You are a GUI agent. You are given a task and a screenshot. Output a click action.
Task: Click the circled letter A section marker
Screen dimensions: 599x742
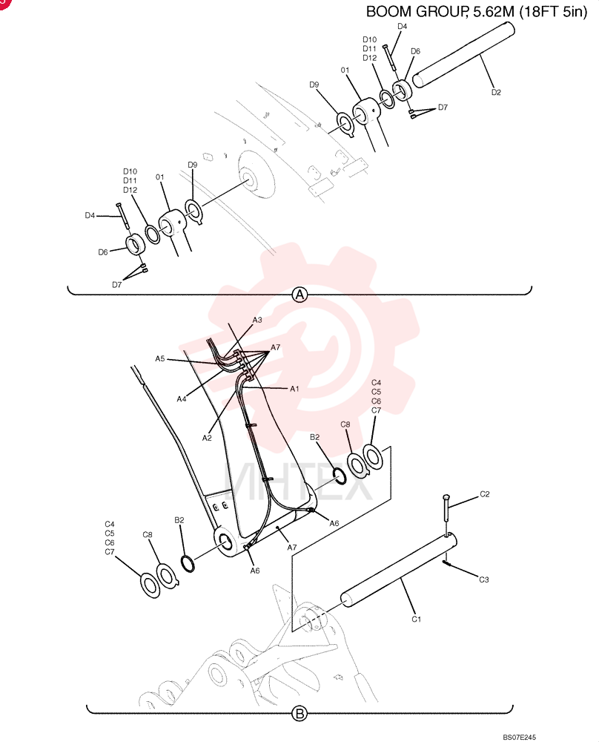[x=299, y=295]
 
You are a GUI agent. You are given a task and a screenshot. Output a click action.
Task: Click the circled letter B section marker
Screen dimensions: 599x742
[x=299, y=714]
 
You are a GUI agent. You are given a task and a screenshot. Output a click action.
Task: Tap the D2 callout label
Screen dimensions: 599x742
[x=496, y=92]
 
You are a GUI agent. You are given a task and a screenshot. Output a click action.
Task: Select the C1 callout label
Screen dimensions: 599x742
[x=416, y=619]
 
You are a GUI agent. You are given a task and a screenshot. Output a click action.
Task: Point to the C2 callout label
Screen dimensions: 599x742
[x=485, y=494]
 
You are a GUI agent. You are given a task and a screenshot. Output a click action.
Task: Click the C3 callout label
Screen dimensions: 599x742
[x=483, y=580]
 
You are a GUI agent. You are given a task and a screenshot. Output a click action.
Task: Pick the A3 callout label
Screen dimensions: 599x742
[x=257, y=320]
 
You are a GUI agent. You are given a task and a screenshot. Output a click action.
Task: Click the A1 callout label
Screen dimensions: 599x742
[x=294, y=389]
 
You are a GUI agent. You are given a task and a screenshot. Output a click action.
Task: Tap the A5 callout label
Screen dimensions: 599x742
[x=160, y=358]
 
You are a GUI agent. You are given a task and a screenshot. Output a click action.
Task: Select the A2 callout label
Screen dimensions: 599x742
[x=207, y=439]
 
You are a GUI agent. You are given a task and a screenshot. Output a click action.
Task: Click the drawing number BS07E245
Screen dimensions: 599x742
[x=519, y=738]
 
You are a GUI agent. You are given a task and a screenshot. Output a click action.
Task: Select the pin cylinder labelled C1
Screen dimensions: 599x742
[x=399, y=570]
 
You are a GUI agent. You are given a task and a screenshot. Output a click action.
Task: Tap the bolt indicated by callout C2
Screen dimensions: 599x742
[x=446, y=515]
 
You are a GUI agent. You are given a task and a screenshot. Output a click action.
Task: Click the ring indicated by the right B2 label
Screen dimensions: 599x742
[x=340, y=476]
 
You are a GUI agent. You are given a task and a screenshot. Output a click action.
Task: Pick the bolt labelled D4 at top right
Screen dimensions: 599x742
[x=389, y=58]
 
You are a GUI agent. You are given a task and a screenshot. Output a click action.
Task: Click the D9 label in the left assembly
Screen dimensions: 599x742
[x=193, y=165]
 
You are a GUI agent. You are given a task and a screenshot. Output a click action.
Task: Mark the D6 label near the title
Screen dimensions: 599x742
[x=415, y=51]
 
